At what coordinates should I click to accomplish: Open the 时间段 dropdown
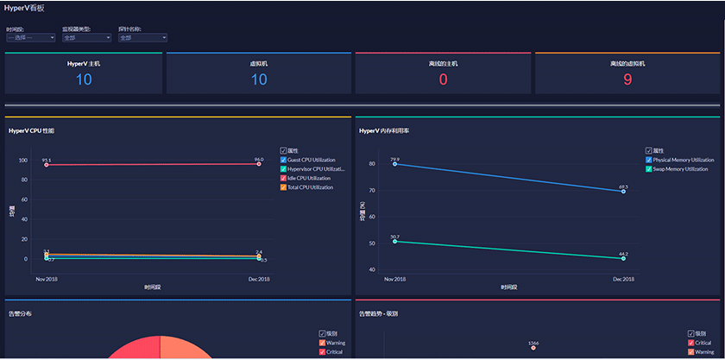pyautogui.click(x=30, y=38)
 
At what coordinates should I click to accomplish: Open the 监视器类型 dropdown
pyautogui.click(x=86, y=38)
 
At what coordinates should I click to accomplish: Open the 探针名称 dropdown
pyautogui.click(x=142, y=38)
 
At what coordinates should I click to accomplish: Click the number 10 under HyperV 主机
pyautogui.click(x=84, y=79)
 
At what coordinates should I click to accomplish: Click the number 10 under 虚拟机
pyautogui.click(x=259, y=79)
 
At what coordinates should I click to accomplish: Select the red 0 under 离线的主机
pyautogui.click(x=444, y=79)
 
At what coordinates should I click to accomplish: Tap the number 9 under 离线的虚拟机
pyautogui.click(x=627, y=79)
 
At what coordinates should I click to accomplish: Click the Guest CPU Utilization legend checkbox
pyautogui.click(x=283, y=160)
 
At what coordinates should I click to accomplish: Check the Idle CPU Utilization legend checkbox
pyautogui.click(x=283, y=178)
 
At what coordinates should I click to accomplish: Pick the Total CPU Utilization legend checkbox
pyautogui.click(x=283, y=187)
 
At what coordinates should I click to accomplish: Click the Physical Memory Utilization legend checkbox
pyautogui.click(x=649, y=160)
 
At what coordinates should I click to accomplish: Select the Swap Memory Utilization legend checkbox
pyautogui.click(x=649, y=169)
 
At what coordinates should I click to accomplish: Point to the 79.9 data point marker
pyautogui.click(x=394, y=164)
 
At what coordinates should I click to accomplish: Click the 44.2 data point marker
pyautogui.click(x=623, y=258)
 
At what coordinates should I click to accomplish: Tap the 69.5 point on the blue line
pyautogui.click(x=623, y=192)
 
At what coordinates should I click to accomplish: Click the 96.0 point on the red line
pyautogui.click(x=259, y=164)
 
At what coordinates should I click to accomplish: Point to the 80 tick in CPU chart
pyautogui.click(x=25, y=180)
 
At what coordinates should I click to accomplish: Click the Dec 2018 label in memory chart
pyautogui.click(x=623, y=279)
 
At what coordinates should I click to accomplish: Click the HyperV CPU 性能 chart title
pyautogui.click(x=31, y=131)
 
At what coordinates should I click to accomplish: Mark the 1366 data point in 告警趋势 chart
pyautogui.click(x=533, y=348)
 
